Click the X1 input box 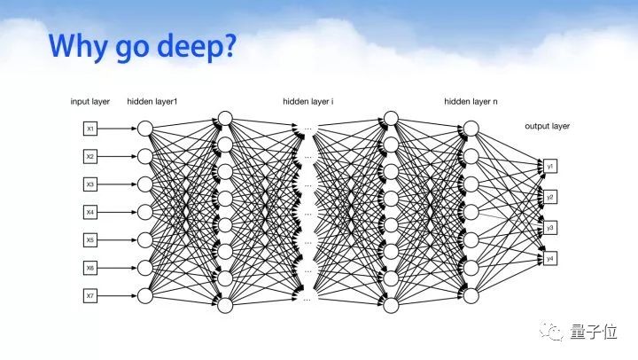coord(90,129)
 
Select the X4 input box coord(90,212)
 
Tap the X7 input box coord(90,294)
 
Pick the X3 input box coord(90,184)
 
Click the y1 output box coord(550,166)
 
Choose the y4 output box coord(550,258)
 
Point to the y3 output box coord(550,228)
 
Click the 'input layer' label coord(89,102)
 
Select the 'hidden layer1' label coord(152,102)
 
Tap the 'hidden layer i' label coord(307,102)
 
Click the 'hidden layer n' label coord(471,102)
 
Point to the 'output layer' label coord(547,126)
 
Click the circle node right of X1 coord(145,129)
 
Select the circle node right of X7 coord(145,294)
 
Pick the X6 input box coord(90,267)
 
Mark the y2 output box coord(550,197)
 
